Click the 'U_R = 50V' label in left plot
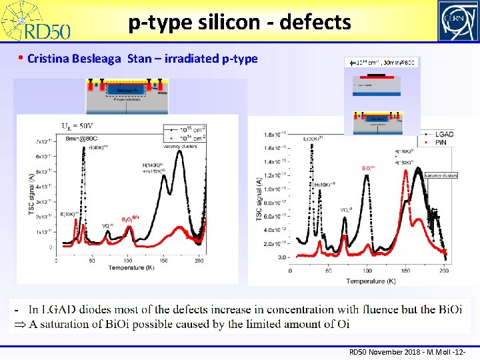coord(78,126)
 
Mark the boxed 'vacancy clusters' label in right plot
coord(440,175)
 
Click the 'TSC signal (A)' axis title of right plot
coord(258,199)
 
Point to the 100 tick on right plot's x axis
coord(367,270)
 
